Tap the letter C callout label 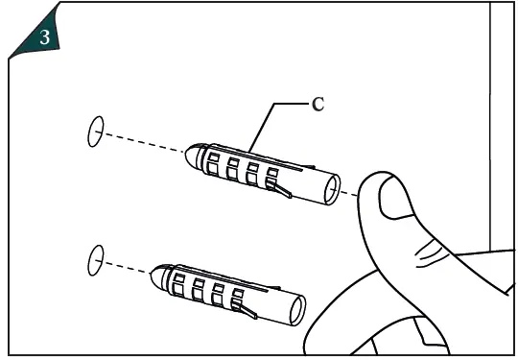tap(318, 104)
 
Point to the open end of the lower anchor tap(298, 312)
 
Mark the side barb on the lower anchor tap(247, 309)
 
